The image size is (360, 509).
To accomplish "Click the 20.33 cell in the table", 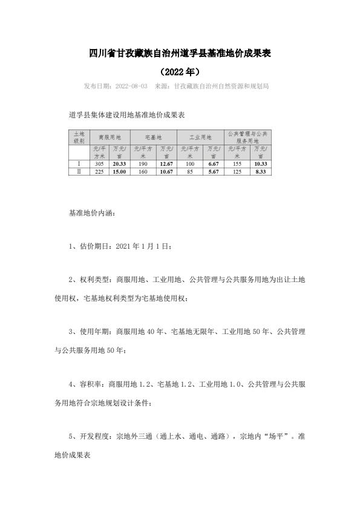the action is coord(119,164).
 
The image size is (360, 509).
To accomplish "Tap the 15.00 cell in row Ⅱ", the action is coord(119,171).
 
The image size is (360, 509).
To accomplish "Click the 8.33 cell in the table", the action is coord(260,171).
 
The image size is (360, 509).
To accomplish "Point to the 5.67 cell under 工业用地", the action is coord(213,171).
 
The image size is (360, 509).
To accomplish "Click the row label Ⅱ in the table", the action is coord(79,171).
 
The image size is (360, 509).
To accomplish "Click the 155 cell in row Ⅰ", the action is coord(237,164).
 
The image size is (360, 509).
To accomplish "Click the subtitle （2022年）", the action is coord(180,71).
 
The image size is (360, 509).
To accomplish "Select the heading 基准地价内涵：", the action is coord(91,214).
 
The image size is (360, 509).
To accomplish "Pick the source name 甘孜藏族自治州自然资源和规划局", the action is coord(221,87).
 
